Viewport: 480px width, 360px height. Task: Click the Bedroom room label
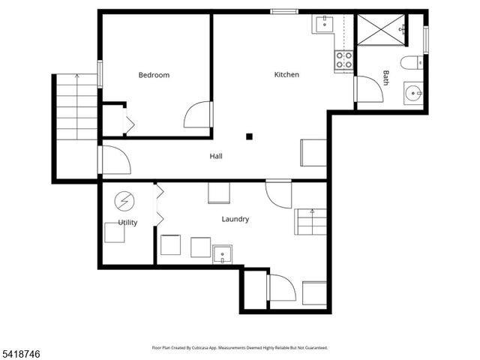coord(154,75)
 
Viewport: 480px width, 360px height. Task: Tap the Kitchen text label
coord(286,74)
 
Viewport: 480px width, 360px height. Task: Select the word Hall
coord(216,156)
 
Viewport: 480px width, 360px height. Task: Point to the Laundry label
coord(235,219)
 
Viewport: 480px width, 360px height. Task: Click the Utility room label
coord(127,223)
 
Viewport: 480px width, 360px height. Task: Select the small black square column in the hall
coord(249,136)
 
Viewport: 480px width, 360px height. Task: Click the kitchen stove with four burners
coord(343,60)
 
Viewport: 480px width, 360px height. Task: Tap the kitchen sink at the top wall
coord(325,24)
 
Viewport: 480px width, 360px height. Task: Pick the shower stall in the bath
coord(381,29)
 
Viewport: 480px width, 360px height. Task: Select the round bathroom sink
coord(412,95)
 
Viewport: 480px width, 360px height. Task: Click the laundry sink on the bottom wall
coord(222,255)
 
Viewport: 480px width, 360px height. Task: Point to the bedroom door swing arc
coord(196,115)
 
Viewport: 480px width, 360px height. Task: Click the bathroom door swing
coord(369,90)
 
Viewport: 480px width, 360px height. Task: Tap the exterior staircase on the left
coord(76,107)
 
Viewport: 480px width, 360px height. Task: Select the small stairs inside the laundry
coord(310,221)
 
